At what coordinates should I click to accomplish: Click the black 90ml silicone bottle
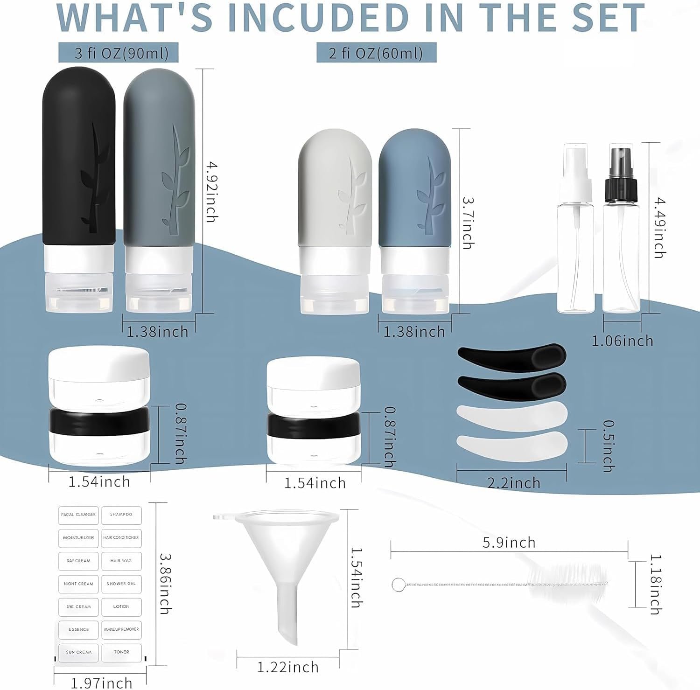79,189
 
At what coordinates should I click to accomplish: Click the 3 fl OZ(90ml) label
119,52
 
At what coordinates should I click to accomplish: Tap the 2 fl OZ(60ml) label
376,52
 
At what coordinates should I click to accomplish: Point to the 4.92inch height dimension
211,191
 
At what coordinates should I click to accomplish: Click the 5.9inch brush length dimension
509,543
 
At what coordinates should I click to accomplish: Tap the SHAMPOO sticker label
121,515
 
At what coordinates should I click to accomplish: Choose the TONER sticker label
121,652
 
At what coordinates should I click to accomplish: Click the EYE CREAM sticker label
78,606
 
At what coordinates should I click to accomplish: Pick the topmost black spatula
512,357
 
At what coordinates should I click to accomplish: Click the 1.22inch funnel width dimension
288,667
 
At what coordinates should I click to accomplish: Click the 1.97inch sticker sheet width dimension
101,683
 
